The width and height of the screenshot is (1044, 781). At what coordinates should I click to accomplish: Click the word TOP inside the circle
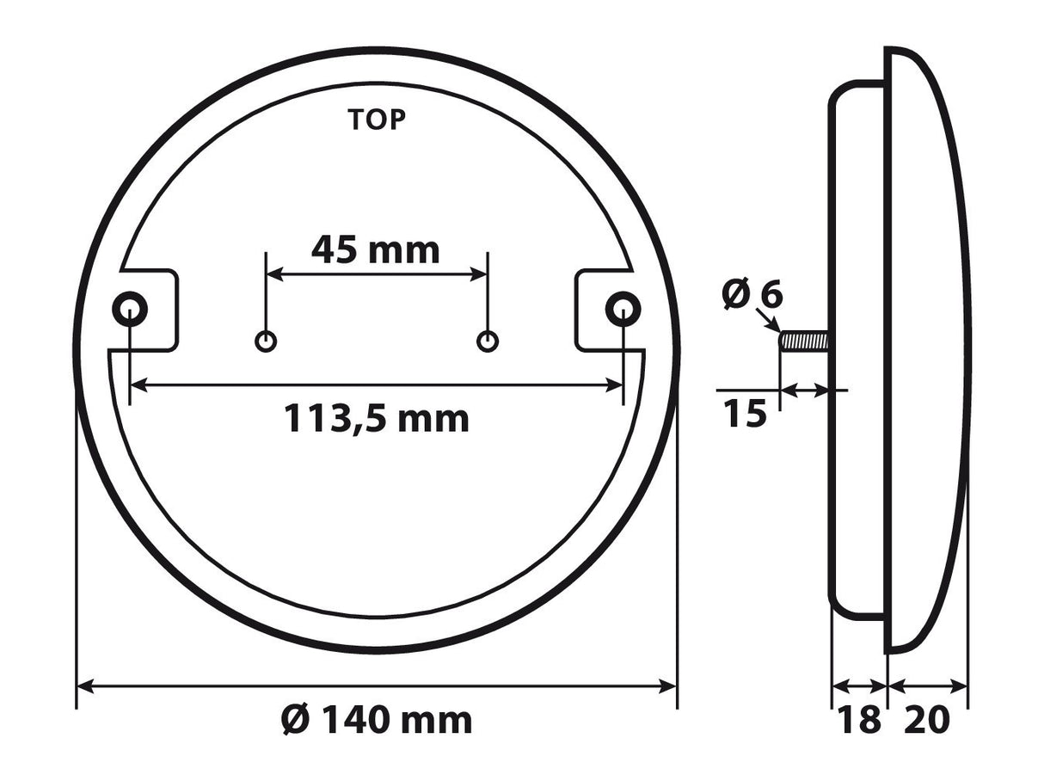click(376, 120)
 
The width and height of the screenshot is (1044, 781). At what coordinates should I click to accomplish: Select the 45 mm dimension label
click(375, 250)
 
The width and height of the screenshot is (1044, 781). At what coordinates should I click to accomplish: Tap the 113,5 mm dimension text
click(377, 419)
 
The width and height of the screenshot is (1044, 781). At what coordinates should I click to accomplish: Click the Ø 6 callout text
click(752, 295)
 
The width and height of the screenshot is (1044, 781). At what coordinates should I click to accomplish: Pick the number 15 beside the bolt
click(744, 415)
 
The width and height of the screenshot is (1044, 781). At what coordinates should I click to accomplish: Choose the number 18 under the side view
click(859, 720)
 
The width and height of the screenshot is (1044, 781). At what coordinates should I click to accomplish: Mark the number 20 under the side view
click(927, 720)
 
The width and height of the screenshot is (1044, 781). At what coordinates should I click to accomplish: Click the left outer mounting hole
click(130, 308)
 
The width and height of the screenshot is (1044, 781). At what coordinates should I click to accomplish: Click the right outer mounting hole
click(623, 308)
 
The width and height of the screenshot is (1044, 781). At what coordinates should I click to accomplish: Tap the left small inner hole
click(267, 341)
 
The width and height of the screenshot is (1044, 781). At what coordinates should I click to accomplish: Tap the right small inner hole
click(488, 341)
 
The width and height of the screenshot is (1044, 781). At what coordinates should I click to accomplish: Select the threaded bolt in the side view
click(804, 341)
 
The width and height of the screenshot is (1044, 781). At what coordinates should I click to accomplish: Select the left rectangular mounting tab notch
click(155, 311)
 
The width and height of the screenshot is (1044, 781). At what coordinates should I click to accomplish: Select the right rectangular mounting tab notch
click(599, 311)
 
